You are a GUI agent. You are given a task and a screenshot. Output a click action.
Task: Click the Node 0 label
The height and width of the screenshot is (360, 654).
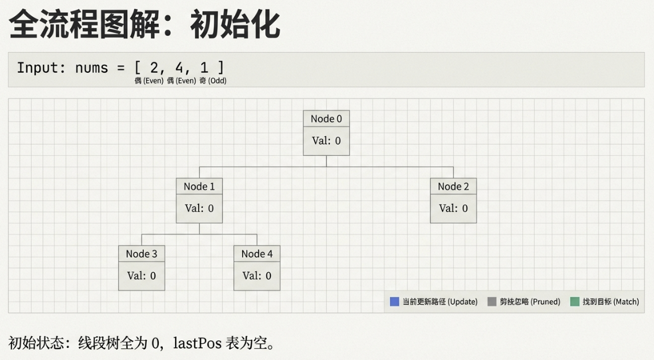(x=326, y=119)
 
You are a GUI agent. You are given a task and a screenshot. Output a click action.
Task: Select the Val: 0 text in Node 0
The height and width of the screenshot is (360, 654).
(x=326, y=140)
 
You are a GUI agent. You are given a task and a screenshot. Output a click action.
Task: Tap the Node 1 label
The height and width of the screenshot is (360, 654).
(x=199, y=187)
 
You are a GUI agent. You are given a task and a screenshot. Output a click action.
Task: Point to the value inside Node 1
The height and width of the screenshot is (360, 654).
(x=199, y=208)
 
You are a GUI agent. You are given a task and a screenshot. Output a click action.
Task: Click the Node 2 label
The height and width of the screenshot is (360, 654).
(x=453, y=187)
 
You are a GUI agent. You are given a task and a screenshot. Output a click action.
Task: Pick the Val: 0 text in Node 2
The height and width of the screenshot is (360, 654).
(x=453, y=208)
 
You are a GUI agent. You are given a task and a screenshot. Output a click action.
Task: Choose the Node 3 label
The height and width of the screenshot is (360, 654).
(x=141, y=254)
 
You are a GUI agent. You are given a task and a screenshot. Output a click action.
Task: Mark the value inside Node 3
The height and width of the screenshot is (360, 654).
(x=141, y=276)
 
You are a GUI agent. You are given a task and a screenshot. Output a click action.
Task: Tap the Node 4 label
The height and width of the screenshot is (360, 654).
(x=257, y=254)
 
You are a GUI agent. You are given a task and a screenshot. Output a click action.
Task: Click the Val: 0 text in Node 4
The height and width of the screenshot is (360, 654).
(x=257, y=276)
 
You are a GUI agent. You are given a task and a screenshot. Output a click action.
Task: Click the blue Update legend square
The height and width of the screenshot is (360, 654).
(x=395, y=302)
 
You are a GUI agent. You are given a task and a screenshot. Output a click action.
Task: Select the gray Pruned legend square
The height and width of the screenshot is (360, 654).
(x=492, y=302)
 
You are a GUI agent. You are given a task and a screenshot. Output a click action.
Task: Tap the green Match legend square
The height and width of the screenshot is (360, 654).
(x=574, y=302)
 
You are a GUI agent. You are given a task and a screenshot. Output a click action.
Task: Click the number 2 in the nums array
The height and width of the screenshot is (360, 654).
(x=154, y=68)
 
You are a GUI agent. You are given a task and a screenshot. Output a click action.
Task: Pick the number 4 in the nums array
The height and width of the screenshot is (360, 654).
(x=179, y=68)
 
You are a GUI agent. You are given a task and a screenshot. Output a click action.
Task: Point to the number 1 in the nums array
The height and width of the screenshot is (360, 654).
(x=204, y=68)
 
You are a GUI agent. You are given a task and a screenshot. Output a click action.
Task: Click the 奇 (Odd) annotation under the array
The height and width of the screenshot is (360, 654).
(x=213, y=81)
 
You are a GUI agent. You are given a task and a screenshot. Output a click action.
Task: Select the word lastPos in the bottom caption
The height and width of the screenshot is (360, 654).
(x=195, y=343)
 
